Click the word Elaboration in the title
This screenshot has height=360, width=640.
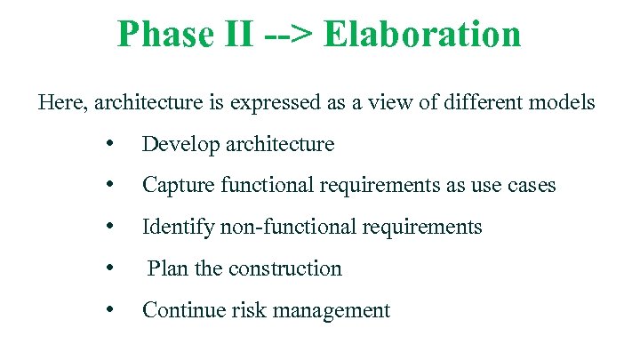click(422, 35)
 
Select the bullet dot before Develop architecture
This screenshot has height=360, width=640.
click(108, 144)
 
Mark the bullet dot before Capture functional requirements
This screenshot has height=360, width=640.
click(108, 185)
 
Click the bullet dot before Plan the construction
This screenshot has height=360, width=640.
click(108, 268)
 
